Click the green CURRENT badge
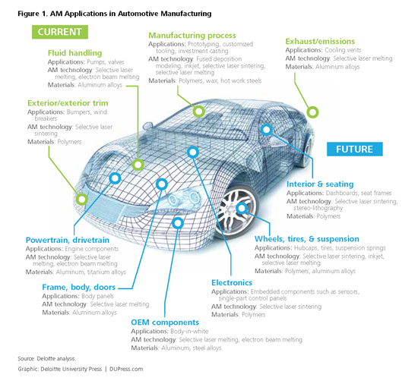click(x=59, y=32)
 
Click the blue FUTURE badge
click(x=355, y=149)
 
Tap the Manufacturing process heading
click(x=192, y=36)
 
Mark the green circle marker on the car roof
click(x=198, y=112)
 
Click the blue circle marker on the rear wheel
click(x=242, y=207)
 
